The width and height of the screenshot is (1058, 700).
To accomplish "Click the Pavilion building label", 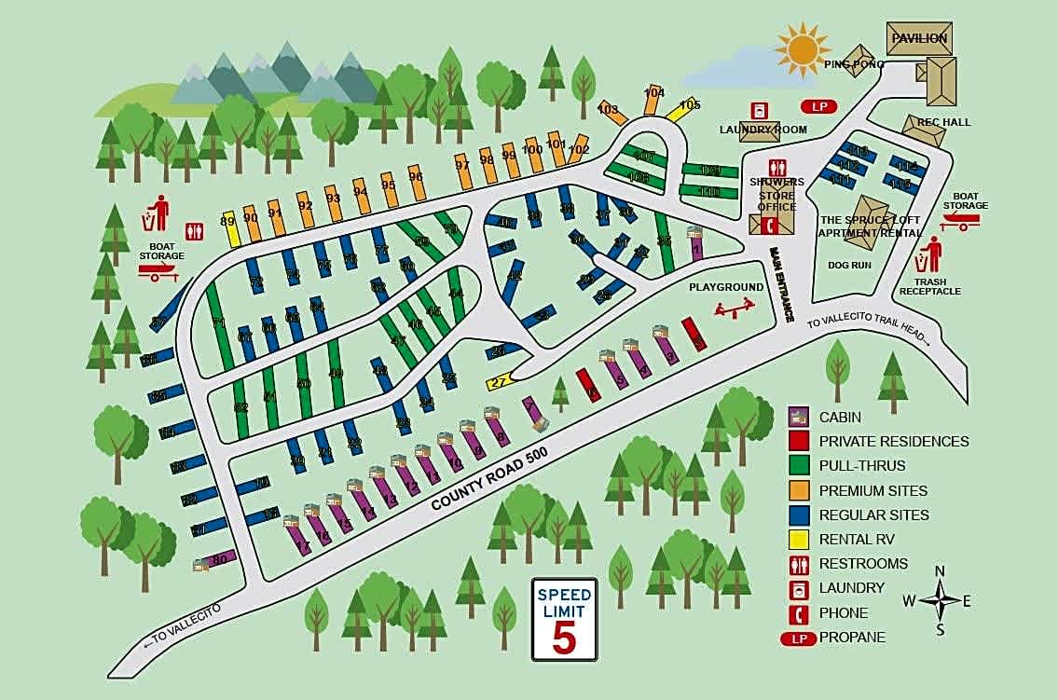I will (x=919, y=38).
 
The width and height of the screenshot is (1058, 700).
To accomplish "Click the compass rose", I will (x=941, y=600).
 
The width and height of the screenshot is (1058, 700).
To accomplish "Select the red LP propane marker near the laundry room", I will (x=819, y=106).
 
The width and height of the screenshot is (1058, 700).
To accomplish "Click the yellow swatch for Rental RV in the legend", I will (x=799, y=539).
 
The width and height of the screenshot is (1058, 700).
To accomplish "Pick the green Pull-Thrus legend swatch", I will (x=799, y=465).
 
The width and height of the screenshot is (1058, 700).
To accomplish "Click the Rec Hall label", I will (x=943, y=122).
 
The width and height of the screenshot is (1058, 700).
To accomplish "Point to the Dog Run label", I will (x=849, y=265).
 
